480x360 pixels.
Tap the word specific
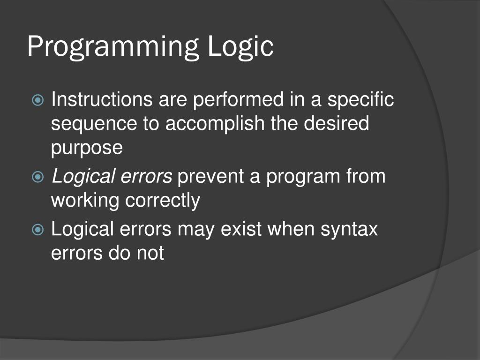[x=360, y=100]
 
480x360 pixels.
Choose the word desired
[x=337, y=124]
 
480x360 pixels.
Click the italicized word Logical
[x=84, y=177]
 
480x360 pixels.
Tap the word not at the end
[x=150, y=254]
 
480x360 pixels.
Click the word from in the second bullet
[x=366, y=177]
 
